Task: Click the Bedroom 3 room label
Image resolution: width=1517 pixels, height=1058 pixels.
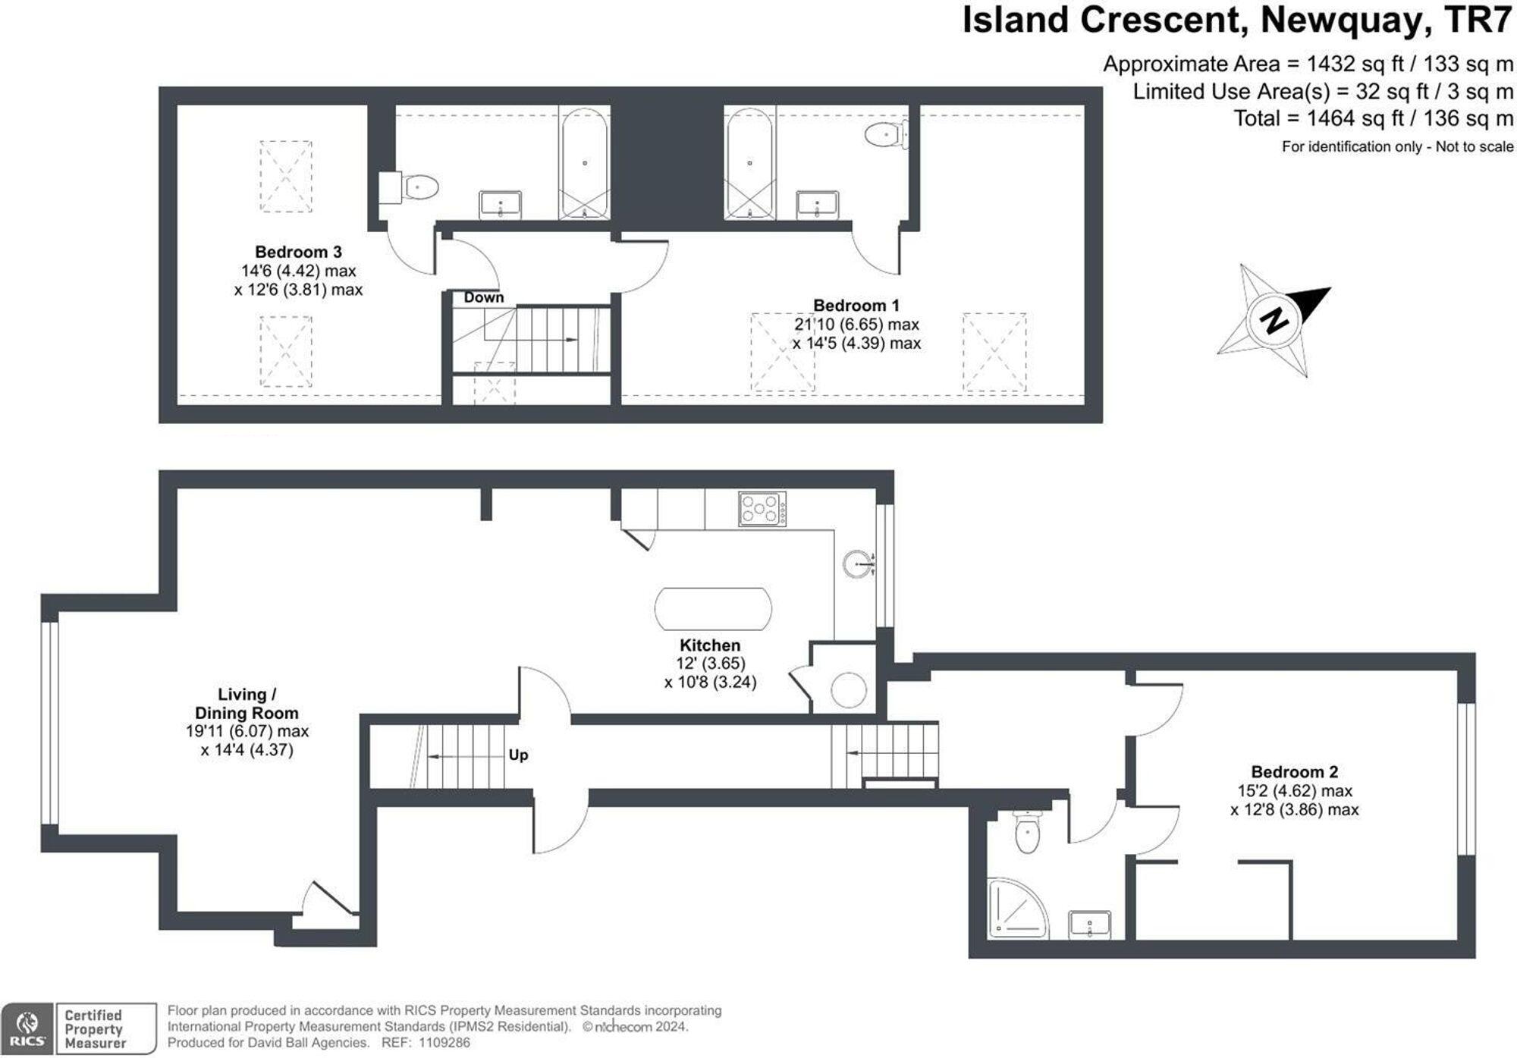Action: [298, 252]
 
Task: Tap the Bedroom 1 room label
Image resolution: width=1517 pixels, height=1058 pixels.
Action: [856, 306]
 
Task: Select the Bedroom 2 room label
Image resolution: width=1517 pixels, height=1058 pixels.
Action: [1294, 772]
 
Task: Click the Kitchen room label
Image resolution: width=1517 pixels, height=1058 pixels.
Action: [709, 645]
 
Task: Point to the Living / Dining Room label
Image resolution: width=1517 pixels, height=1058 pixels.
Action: [247, 704]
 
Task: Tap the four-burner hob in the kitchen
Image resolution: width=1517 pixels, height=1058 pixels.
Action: [762, 509]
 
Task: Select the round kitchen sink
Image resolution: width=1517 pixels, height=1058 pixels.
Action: [858, 564]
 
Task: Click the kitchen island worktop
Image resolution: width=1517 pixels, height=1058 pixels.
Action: [713, 609]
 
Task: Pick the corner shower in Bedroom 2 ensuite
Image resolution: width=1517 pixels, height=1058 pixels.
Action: [1015, 909]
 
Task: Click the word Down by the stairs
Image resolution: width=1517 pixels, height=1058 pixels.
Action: [483, 297]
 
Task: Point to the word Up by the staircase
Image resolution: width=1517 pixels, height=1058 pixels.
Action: [518, 755]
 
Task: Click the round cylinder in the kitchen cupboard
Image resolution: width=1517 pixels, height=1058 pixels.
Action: [848, 690]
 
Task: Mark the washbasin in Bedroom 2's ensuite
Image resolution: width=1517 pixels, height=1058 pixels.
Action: [1089, 925]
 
